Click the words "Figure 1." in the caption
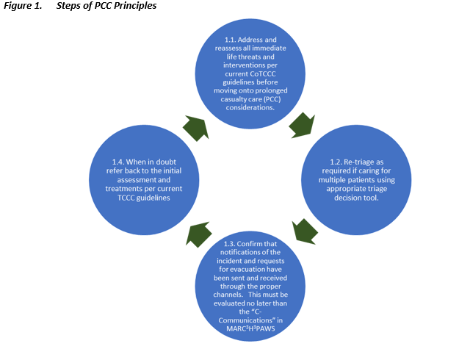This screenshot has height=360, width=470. (x=23, y=6)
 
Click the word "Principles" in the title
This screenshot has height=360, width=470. (x=133, y=6)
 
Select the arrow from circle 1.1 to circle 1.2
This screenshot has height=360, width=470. (x=301, y=124)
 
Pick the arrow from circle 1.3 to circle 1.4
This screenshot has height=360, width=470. (x=199, y=235)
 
